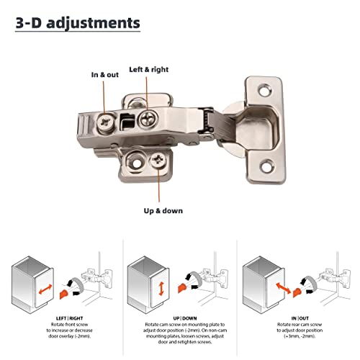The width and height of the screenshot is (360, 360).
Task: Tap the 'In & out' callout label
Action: coord(105,75)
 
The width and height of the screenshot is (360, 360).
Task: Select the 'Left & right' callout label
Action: coord(148,71)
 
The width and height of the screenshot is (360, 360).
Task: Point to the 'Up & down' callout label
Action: coord(162,211)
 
